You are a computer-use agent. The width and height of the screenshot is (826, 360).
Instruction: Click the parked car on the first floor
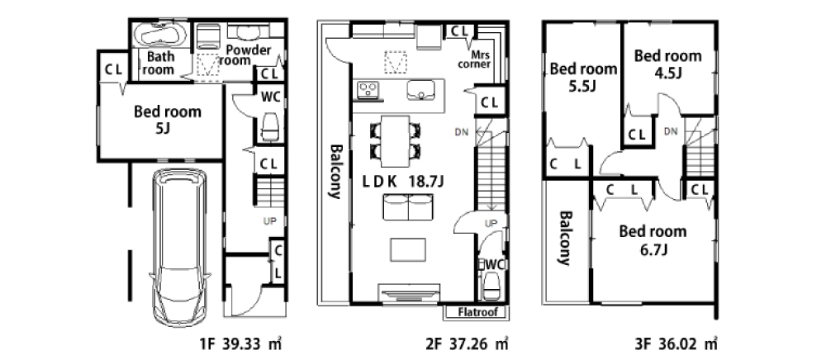click(179, 248)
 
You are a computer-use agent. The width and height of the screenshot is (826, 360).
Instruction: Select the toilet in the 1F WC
click(270, 126)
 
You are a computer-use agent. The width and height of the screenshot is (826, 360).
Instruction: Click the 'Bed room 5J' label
click(167, 119)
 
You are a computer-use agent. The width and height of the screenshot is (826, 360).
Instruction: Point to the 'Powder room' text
click(248, 55)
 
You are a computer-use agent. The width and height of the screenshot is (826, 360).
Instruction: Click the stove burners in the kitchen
click(368, 89)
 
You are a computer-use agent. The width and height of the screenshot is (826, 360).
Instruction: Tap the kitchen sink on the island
click(420, 90)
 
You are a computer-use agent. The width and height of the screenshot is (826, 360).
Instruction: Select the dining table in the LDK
click(395, 140)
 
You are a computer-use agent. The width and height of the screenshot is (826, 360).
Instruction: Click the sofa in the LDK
click(408, 207)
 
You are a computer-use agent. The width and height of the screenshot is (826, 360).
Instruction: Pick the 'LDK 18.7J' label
click(403, 182)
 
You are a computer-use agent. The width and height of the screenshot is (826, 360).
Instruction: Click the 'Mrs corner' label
click(474, 59)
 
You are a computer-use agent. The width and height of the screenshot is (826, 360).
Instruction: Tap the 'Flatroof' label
click(477, 312)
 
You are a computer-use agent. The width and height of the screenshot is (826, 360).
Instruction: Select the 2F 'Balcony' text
click(335, 171)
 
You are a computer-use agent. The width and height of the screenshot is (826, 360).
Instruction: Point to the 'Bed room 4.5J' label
click(668, 63)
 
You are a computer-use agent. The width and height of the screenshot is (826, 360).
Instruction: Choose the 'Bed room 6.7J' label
click(653, 239)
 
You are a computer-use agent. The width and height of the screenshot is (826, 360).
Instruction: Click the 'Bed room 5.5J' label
click(583, 76)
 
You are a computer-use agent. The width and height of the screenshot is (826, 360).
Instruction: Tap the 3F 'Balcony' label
click(565, 238)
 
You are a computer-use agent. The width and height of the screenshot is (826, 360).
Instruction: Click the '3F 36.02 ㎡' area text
click(676, 344)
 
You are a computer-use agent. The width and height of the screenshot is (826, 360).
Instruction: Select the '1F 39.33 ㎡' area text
click(240, 344)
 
